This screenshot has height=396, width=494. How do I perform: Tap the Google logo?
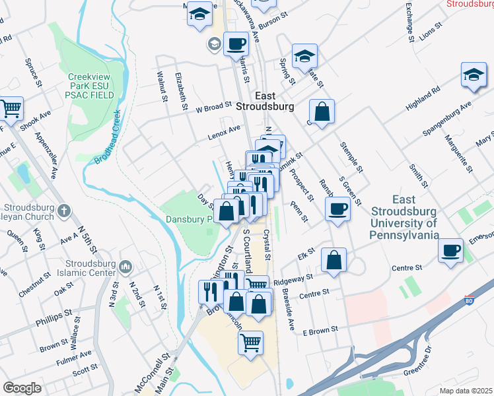pos(22,388)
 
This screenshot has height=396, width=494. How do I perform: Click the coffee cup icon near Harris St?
pos(236,45)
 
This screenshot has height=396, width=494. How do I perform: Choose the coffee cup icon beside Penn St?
pos(338,210)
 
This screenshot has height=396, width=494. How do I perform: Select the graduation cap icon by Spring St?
pos(304,56)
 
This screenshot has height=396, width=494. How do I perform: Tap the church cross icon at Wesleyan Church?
pos(63,211)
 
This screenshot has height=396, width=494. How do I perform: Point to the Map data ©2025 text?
pos(466,391)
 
